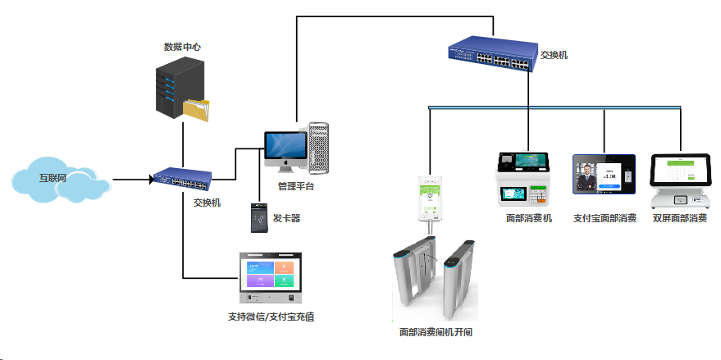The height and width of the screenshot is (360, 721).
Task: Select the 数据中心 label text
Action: (x=182, y=48)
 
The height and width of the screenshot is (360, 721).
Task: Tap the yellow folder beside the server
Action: (x=197, y=111)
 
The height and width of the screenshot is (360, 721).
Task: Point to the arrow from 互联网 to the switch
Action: (x=131, y=179)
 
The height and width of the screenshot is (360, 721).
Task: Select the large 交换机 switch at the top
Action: (x=490, y=56)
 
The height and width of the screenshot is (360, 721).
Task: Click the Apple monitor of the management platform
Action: (x=285, y=148)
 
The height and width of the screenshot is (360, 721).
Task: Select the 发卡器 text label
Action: (x=286, y=219)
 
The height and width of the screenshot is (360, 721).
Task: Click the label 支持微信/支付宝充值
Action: (x=271, y=317)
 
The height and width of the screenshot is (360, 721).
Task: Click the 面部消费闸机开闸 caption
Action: (x=435, y=332)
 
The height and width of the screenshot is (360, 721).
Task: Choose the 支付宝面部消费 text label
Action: (x=605, y=219)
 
